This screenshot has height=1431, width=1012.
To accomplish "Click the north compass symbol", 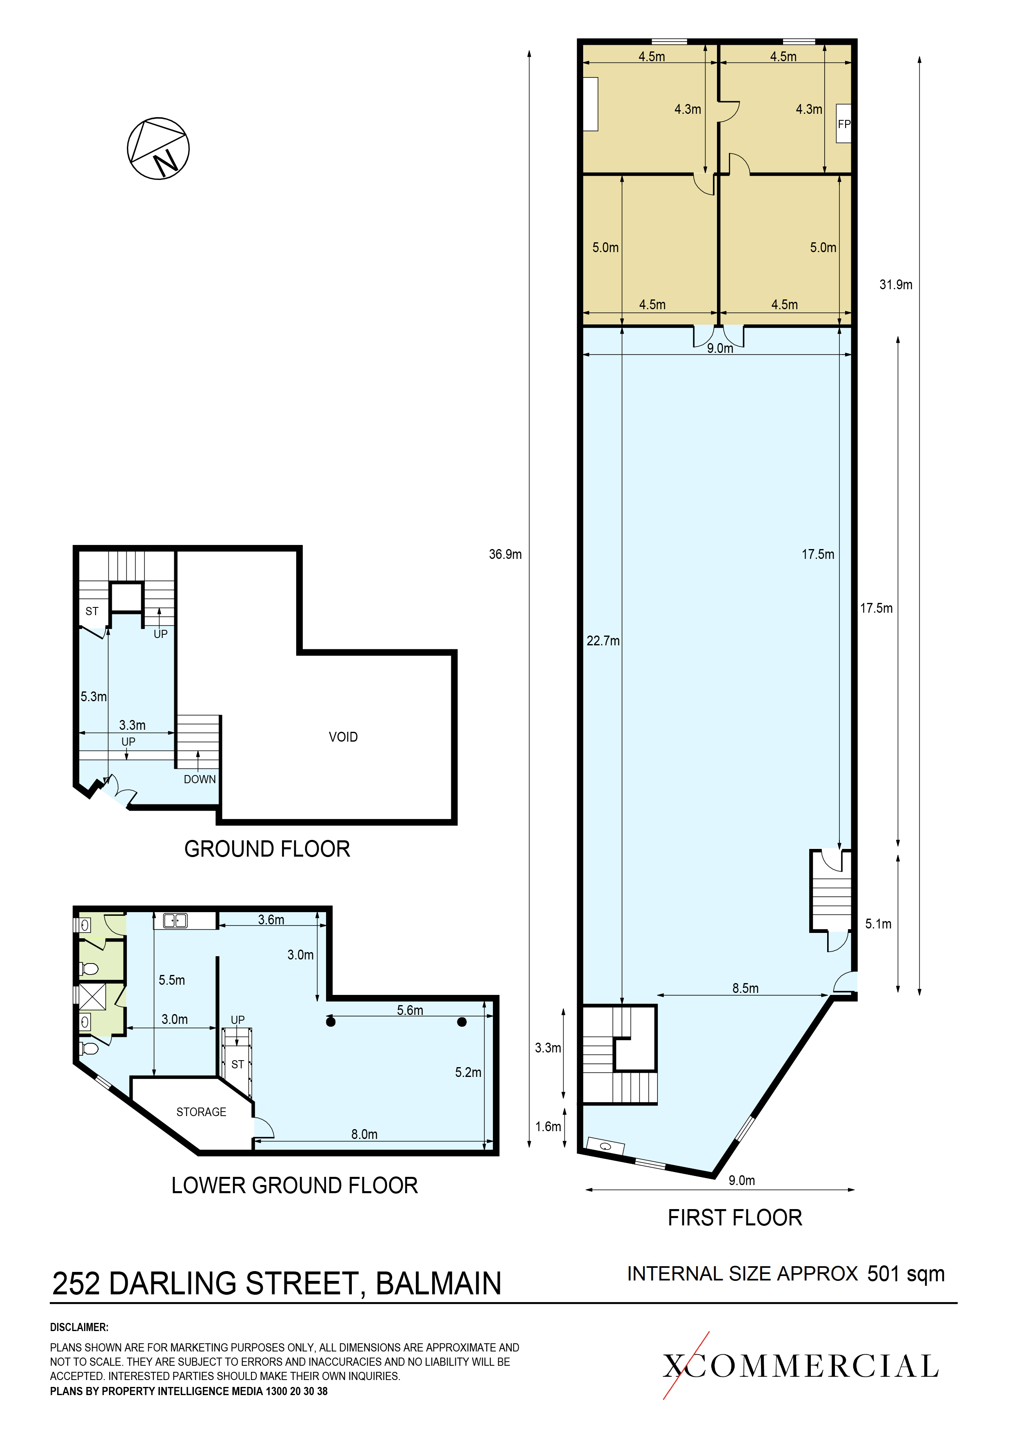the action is click(158, 148).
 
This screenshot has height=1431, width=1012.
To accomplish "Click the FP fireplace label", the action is click(843, 124).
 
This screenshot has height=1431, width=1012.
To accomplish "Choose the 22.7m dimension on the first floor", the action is click(603, 641).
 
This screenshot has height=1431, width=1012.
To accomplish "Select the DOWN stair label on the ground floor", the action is click(200, 779).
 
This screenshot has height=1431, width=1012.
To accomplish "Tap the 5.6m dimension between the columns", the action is click(410, 1010).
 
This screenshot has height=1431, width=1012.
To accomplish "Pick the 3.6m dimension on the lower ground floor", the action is click(271, 919).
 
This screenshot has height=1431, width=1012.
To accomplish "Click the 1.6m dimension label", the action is click(548, 1126).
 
